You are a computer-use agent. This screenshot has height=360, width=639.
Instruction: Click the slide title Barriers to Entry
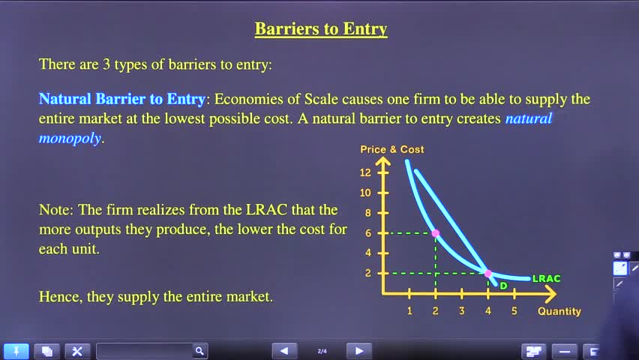(321, 29)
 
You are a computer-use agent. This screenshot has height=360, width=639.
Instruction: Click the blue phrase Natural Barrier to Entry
(121, 99)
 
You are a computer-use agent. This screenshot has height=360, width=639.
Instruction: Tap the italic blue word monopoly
(70, 139)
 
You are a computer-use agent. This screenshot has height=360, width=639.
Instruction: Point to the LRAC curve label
(547, 278)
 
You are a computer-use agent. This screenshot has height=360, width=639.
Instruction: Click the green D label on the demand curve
(504, 286)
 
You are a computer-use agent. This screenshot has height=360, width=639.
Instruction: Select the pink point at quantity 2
(436, 233)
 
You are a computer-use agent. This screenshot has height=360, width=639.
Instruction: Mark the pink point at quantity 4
(487, 273)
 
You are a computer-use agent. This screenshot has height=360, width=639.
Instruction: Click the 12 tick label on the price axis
(365, 172)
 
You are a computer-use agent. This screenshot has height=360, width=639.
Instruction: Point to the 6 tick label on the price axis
(368, 233)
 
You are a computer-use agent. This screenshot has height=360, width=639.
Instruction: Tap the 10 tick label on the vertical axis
(365, 193)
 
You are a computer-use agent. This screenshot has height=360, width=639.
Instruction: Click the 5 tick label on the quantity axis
(514, 311)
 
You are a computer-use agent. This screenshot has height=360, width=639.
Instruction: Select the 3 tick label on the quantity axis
(462, 311)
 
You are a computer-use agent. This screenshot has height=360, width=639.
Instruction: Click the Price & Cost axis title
(392, 150)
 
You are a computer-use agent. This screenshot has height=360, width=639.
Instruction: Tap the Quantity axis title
(559, 311)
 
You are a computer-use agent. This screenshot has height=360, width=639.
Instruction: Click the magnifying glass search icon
(199, 350)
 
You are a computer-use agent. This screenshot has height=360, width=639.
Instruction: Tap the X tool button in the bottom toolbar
(77, 351)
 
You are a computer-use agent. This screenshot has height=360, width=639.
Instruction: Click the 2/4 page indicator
(322, 351)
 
